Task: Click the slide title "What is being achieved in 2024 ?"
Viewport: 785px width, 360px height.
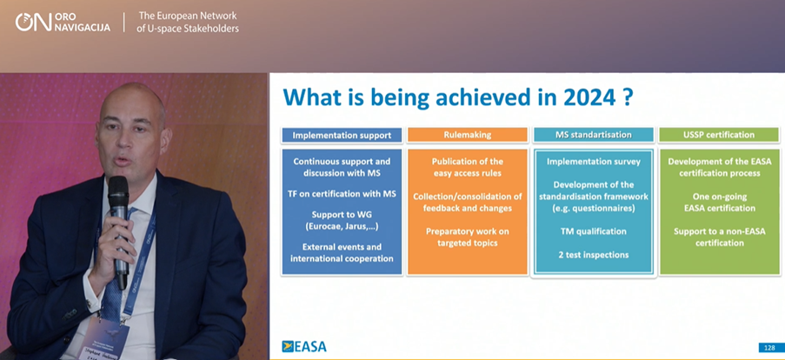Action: [x=458, y=97]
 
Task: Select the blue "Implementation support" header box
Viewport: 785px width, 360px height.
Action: [x=342, y=135]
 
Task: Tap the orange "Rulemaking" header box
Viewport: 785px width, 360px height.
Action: [x=468, y=135]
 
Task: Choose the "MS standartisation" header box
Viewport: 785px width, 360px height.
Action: [x=593, y=135]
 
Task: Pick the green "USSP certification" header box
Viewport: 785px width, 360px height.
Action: [x=720, y=135]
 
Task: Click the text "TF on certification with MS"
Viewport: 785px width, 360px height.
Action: [x=342, y=194]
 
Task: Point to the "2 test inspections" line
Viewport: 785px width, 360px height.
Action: [x=593, y=255]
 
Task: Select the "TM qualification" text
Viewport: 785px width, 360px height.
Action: [x=593, y=231]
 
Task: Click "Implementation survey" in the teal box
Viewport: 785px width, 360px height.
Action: [x=593, y=162]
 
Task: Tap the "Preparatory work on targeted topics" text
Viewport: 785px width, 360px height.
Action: [x=468, y=237]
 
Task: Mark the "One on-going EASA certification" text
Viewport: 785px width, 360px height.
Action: [x=720, y=203]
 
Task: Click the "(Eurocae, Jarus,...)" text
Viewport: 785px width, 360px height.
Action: [x=342, y=227]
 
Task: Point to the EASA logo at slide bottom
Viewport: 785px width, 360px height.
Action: [x=304, y=346]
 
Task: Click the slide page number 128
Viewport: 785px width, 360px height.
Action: [x=767, y=348]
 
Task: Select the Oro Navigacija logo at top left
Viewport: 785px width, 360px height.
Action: [x=63, y=23]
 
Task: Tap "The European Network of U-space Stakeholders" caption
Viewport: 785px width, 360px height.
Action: [x=188, y=23]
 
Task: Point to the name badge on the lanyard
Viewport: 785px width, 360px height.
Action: [x=107, y=338]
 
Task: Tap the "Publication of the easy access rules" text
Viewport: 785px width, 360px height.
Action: [x=468, y=167]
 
